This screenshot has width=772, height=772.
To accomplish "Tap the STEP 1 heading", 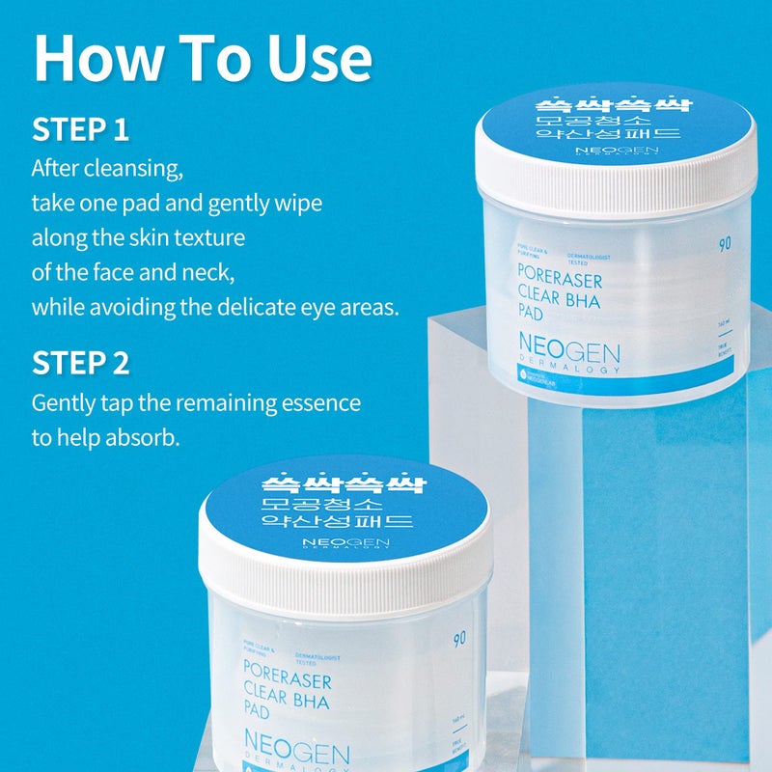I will (x=80, y=129).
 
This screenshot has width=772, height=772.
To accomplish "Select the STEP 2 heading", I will (x=80, y=363).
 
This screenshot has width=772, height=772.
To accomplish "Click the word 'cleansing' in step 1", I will (x=141, y=169).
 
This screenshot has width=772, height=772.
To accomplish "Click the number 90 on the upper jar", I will (x=725, y=243).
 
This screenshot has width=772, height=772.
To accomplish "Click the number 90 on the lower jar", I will (x=457, y=639).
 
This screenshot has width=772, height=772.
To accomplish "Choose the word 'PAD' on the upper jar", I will (x=536, y=315).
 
